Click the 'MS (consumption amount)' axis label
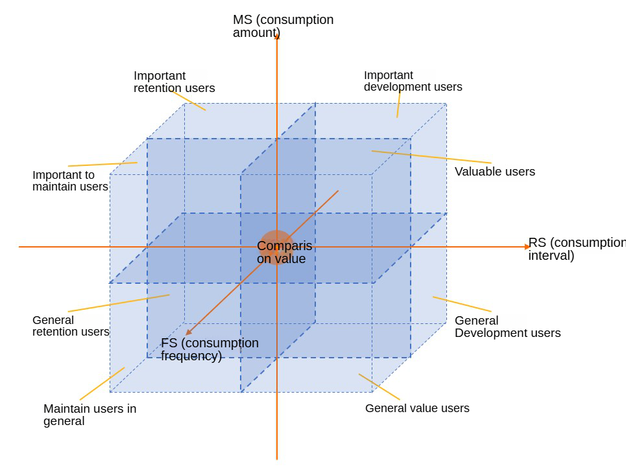283,26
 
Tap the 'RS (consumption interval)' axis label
576,249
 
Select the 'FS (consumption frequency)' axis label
210,349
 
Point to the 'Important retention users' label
174,82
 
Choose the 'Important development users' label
413,81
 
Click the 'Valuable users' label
494,172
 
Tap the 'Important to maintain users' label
70,181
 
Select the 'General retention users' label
71,326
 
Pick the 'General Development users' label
507,327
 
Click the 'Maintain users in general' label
90,415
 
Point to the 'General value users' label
417,408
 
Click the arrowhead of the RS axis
527,247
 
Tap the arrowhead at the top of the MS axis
277,36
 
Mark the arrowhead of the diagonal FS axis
188,332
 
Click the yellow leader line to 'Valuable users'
431,157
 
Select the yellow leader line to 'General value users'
379,387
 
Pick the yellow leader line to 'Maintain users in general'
102,384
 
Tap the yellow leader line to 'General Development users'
462,304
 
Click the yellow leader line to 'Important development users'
398,105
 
